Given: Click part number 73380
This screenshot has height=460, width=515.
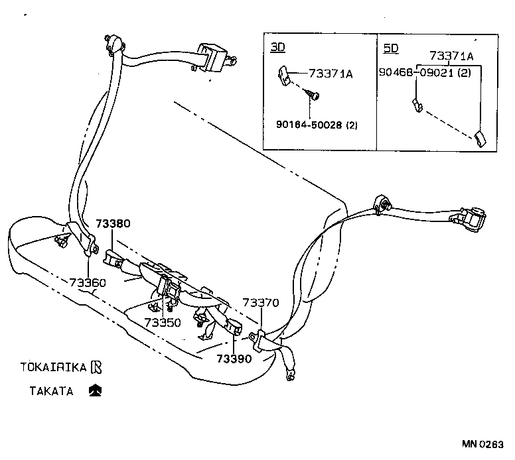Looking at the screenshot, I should [112, 224].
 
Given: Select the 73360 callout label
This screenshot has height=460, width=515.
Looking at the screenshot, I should [88, 283].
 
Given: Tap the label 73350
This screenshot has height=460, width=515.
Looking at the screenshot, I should [163, 322].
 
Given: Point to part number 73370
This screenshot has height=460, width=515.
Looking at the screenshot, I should [261, 303].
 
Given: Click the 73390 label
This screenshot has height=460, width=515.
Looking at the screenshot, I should [234, 359].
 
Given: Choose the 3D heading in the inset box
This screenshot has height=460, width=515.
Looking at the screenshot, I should [278, 47].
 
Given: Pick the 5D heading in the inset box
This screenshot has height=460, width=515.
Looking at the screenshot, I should [392, 47].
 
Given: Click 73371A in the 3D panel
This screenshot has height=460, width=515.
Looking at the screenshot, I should [331, 74].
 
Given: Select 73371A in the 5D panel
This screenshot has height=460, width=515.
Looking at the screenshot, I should [452, 56].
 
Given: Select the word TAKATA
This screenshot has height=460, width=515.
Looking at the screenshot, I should [50, 390].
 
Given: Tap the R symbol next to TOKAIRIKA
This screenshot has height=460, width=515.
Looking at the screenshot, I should [97, 366].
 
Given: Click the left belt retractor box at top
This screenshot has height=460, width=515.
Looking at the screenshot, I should [214, 56].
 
